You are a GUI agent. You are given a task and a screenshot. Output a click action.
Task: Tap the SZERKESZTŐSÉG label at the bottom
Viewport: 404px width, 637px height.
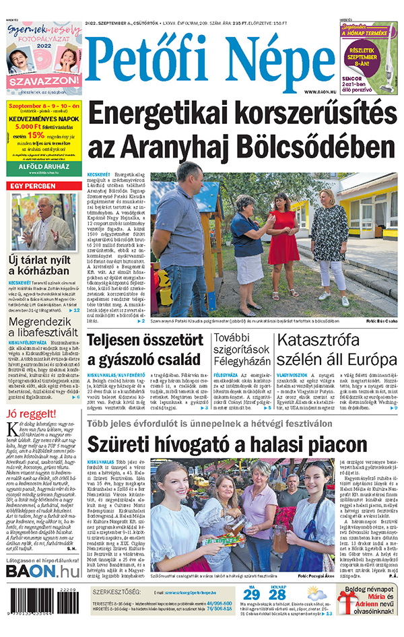[x=115, y=592]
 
